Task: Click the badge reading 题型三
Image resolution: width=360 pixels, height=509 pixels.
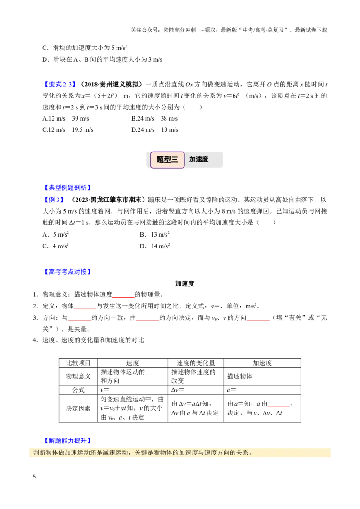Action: point(167,160)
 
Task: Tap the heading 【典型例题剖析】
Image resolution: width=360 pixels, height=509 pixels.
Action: point(67,188)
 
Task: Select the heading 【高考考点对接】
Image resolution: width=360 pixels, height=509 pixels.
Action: point(67,272)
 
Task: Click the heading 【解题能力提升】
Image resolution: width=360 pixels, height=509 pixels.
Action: point(67,441)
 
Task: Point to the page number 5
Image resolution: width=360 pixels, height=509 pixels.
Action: point(34,477)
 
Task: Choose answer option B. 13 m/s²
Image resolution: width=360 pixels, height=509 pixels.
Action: point(155,234)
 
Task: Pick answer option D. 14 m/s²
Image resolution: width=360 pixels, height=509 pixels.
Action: point(155,246)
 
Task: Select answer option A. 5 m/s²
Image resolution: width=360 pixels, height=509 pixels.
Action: point(55,234)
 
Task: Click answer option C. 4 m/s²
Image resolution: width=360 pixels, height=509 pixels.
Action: point(55,246)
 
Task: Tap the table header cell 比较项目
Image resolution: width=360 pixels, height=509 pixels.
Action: point(78,363)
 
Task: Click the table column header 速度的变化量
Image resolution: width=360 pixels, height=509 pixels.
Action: point(196,363)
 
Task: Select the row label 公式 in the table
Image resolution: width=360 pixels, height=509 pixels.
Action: point(78,390)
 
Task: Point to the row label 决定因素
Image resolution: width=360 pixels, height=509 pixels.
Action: point(78,408)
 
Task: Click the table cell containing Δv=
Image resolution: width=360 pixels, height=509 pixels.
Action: point(196,390)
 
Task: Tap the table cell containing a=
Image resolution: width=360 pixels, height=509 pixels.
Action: point(262,390)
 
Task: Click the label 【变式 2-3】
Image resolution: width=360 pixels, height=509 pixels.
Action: point(60,85)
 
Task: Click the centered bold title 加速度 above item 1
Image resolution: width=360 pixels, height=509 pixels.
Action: point(184,283)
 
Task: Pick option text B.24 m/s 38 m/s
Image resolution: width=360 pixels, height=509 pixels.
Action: point(155,119)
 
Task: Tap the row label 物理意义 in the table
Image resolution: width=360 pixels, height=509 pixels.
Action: point(78,376)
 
